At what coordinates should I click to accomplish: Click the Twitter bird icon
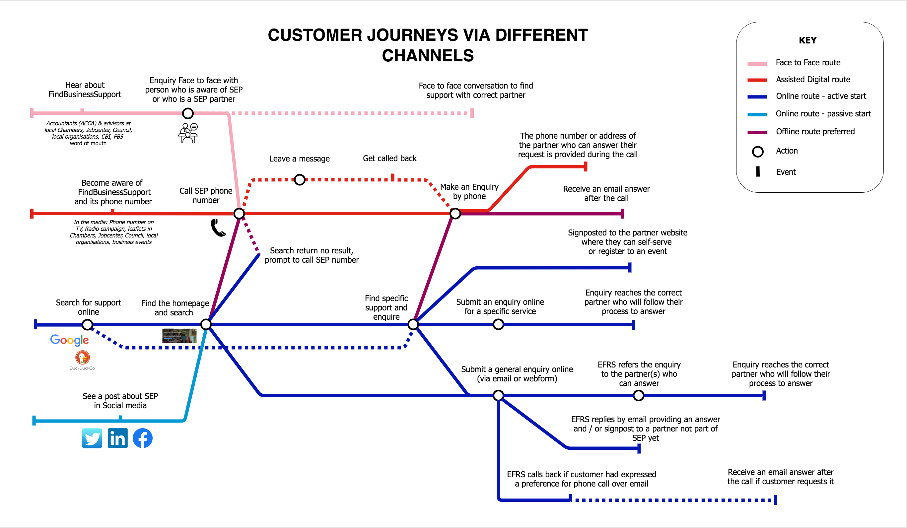[92, 438]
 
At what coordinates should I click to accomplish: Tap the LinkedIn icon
[117, 438]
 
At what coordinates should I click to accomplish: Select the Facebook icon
[143, 438]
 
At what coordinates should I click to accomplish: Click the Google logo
[69, 340]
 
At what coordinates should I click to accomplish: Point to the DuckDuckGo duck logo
[82, 358]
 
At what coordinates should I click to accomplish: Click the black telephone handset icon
[218, 228]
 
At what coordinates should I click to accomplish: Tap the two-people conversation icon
[188, 133]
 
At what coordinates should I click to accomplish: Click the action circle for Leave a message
[300, 180]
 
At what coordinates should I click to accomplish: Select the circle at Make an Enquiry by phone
[455, 214]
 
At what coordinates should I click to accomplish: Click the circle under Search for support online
[87, 325]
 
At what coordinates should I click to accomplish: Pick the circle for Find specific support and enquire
[413, 324]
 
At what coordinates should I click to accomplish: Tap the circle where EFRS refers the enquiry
[639, 396]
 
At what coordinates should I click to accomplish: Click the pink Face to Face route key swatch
[757, 64]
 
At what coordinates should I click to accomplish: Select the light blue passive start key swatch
[757, 114]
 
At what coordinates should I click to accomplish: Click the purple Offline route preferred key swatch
[757, 132]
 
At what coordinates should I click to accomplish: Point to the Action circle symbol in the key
[758, 152]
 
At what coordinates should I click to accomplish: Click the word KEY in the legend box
[808, 40]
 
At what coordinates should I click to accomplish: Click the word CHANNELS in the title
[428, 56]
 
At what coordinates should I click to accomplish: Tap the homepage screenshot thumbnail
[179, 336]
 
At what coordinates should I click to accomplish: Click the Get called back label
[389, 158]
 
